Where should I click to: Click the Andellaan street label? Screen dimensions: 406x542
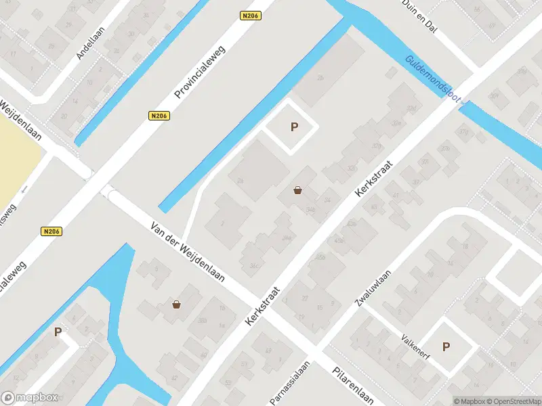click(x=89, y=43)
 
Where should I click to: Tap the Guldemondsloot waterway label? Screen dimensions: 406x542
click(x=433, y=79)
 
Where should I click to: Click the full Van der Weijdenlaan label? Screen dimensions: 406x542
click(x=188, y=253)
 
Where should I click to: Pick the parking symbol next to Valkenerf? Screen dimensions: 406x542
click(x=446, y=346)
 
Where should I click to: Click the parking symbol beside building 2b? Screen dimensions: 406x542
click(x=294, y=127)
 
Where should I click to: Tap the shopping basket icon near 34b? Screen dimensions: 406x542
click(x=298, y=191)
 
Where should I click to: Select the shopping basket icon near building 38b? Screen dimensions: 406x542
click(x=177, y=304)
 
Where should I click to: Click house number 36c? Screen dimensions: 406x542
click(x=254, y=265)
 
